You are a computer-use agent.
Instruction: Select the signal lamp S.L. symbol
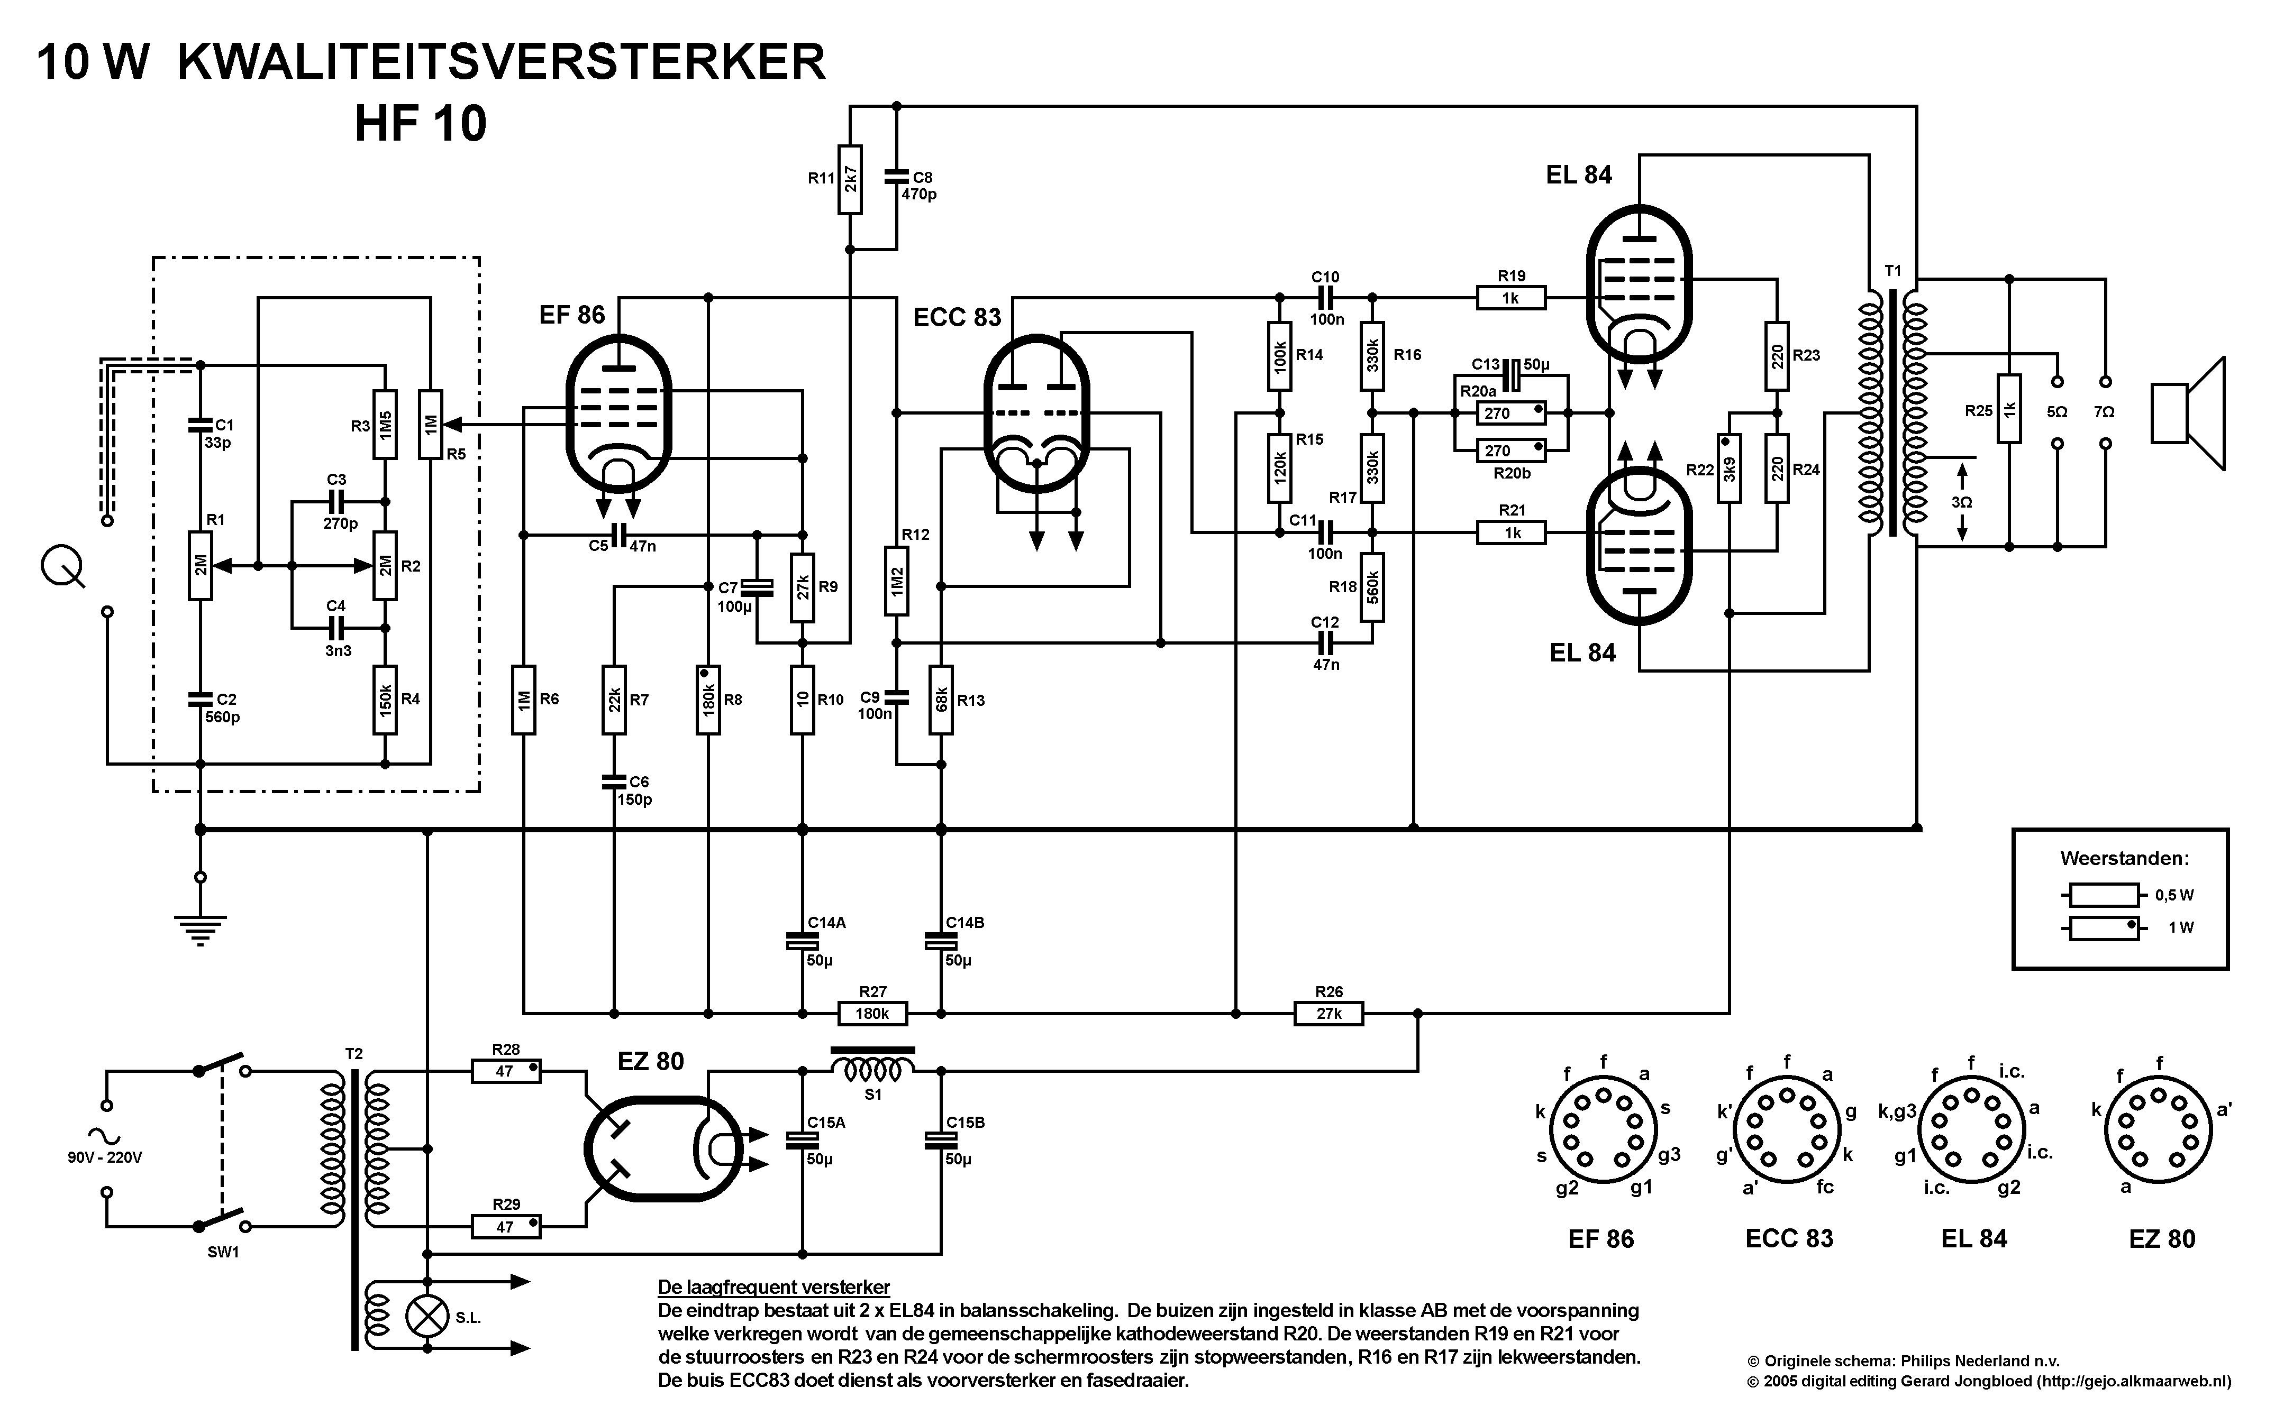(x=426, y=1316)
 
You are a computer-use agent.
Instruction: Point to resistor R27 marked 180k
(x=872, y=1013)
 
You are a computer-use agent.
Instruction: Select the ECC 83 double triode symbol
(x=1036, y=413)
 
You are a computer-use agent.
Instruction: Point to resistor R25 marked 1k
(x=2009, y=409)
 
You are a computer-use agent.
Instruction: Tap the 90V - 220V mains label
(x=105, y=1157)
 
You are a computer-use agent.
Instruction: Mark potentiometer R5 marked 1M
(x=430, y=424)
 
